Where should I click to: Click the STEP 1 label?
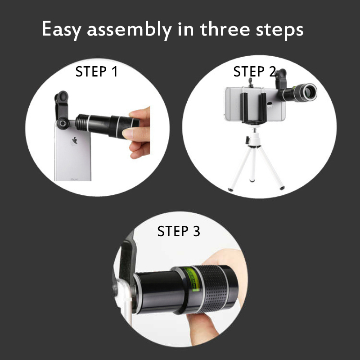click(96, 72)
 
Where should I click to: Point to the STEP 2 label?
click(254, 72)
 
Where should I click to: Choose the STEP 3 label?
click(178, 231)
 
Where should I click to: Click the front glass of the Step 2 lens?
click(310, 92)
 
